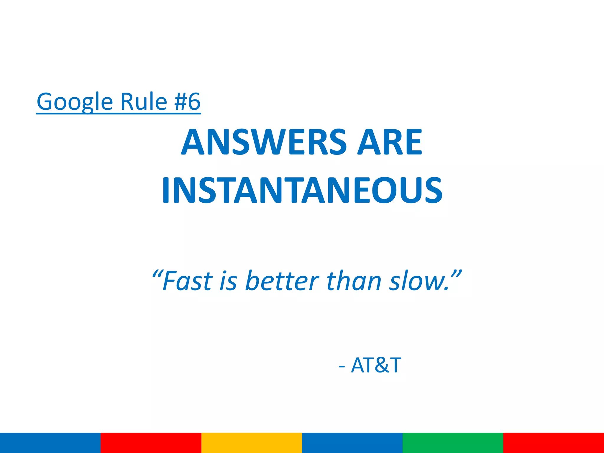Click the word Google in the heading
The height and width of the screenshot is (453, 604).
point(75,102)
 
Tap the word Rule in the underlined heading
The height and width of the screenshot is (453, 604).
point(144,102)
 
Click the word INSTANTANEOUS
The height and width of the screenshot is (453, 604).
point(302,190)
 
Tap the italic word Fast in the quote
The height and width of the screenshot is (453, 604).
point(188,281)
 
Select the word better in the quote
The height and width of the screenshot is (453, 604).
point(282,281)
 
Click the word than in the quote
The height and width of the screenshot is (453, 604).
point(354,281)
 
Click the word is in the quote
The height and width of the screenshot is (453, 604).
point(228,281)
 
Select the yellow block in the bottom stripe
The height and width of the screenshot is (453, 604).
point(252,443)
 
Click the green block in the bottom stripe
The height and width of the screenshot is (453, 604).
point(453,443)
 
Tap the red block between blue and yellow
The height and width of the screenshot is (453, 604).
point(151,443)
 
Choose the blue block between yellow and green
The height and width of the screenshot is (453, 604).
point(352,443)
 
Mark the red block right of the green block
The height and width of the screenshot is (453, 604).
point(554,443)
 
